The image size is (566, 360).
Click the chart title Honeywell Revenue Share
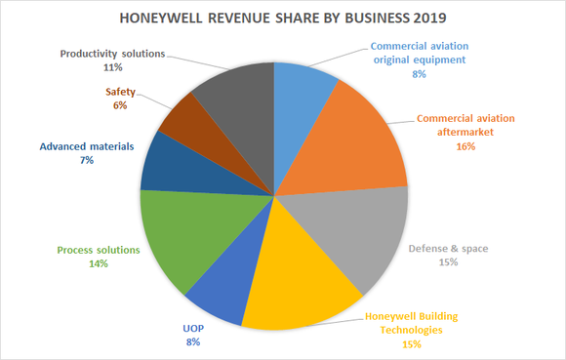282,18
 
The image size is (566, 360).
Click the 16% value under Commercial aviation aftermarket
465,146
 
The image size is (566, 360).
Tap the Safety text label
121,93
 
